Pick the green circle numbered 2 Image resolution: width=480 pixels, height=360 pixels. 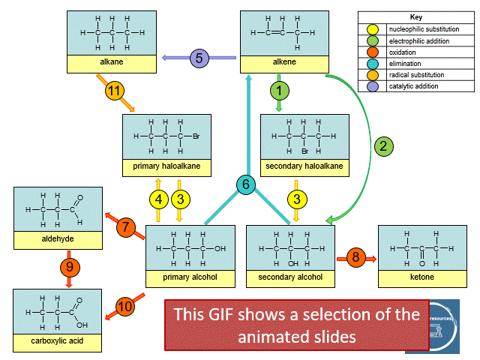pos(383,146)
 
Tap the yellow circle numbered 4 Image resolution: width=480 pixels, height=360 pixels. pos(158,199)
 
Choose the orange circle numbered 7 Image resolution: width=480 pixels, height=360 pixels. pos(126,226)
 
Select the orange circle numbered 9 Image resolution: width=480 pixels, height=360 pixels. pos(68,265)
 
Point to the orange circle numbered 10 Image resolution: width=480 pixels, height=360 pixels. pos(125,307)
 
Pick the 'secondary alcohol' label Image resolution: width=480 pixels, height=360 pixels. pos(290,277)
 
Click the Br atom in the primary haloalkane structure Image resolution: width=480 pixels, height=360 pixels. pos(195,136)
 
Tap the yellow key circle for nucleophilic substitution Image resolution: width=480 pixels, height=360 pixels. pos(373,28)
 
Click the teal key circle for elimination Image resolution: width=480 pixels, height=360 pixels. pos(373,64)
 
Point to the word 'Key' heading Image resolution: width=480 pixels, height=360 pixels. pos(417,16)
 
